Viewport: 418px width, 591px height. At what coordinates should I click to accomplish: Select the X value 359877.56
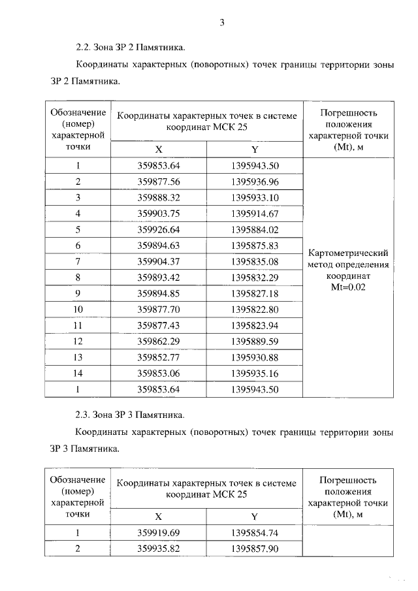click(x=159, y=182)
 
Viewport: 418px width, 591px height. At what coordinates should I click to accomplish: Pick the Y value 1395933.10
click(x=255, y=197)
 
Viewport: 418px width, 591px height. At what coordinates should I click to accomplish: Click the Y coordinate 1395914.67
click(x=255, y=214)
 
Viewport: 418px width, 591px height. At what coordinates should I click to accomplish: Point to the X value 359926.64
click(x=159, y=229)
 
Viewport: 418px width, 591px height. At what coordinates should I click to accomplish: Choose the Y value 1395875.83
click(x=255, y=246)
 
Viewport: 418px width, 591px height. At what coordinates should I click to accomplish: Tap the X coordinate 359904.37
click(x=159, y=261)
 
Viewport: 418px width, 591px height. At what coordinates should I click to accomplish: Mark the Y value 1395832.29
click(x=255, y=278)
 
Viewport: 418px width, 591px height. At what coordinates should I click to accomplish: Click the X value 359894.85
click(x=159, y=293)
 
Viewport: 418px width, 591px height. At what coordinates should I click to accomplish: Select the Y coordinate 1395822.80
click(x=255, y=310)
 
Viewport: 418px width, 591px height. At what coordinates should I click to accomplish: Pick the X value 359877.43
click(x=159, y=325)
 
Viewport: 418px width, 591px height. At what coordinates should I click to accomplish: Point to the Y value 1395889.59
click(x=255, y=342)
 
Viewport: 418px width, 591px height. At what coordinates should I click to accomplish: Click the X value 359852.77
click(x=159, y=357)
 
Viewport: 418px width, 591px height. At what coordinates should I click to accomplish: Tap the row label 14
click(x=78, y=374)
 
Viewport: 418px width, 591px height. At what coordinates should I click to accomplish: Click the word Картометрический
click(x=348, y=253)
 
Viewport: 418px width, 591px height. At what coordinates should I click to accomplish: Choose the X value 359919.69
click(x=159, y=532)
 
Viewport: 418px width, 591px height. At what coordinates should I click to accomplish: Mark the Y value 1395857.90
click(x=255, y=549)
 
